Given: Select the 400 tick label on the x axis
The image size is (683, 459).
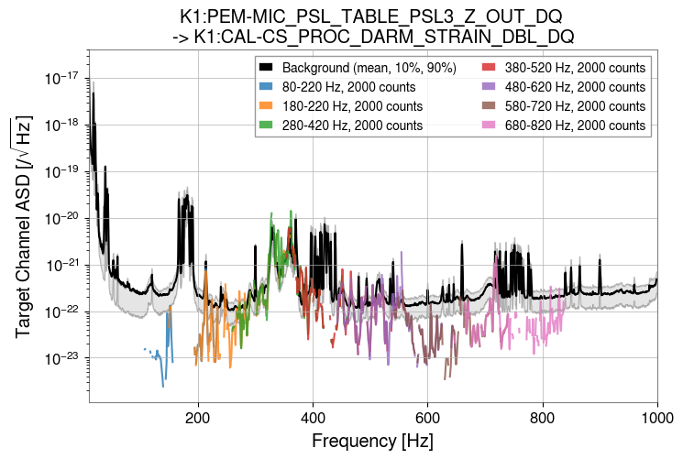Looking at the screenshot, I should (313, 416).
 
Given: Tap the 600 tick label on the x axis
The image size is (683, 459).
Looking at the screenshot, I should (428, 416).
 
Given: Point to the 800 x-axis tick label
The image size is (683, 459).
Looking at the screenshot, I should (543, 416).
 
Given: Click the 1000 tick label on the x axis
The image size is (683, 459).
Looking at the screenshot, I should (656, 416).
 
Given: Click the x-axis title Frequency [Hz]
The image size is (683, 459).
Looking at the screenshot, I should (372, 441).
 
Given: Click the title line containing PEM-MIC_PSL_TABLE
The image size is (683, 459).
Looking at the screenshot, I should (371, 16).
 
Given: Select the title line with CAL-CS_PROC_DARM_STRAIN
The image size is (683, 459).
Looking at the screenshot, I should (371, 37).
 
